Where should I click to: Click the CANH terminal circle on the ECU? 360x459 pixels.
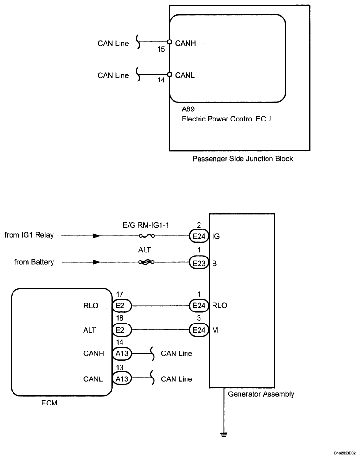click(169, 42)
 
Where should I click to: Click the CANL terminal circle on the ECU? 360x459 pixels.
click(169, 74)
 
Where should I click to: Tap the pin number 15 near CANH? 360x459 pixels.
click(161, 49)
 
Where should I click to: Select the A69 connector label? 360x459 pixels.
click(188, 109)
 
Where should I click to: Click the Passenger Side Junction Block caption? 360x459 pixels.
click(242, 159)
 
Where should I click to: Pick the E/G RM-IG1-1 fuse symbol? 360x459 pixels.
click(147, 236)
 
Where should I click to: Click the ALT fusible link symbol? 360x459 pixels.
click(147, 262)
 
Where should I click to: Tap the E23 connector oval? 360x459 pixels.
click(199, 263)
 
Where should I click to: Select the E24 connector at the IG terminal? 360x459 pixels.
click(199, 236)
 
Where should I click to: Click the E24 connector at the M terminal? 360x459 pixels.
click(199, 330)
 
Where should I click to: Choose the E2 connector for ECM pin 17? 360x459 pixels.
click(122, 306)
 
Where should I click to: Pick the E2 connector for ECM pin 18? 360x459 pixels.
click(122, 330)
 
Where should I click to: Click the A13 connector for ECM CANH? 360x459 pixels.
click(122, 353)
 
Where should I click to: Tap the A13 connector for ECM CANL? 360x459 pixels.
click(122, 379)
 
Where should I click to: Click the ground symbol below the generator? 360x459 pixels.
click(224, 435)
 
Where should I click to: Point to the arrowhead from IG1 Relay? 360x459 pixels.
click(96, 236)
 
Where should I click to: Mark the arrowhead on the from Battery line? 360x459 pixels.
click(96, 262)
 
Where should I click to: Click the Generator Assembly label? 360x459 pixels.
click(261, 394)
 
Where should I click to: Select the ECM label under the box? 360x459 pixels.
click(50, 403)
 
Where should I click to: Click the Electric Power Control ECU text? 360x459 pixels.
click(226, 119)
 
